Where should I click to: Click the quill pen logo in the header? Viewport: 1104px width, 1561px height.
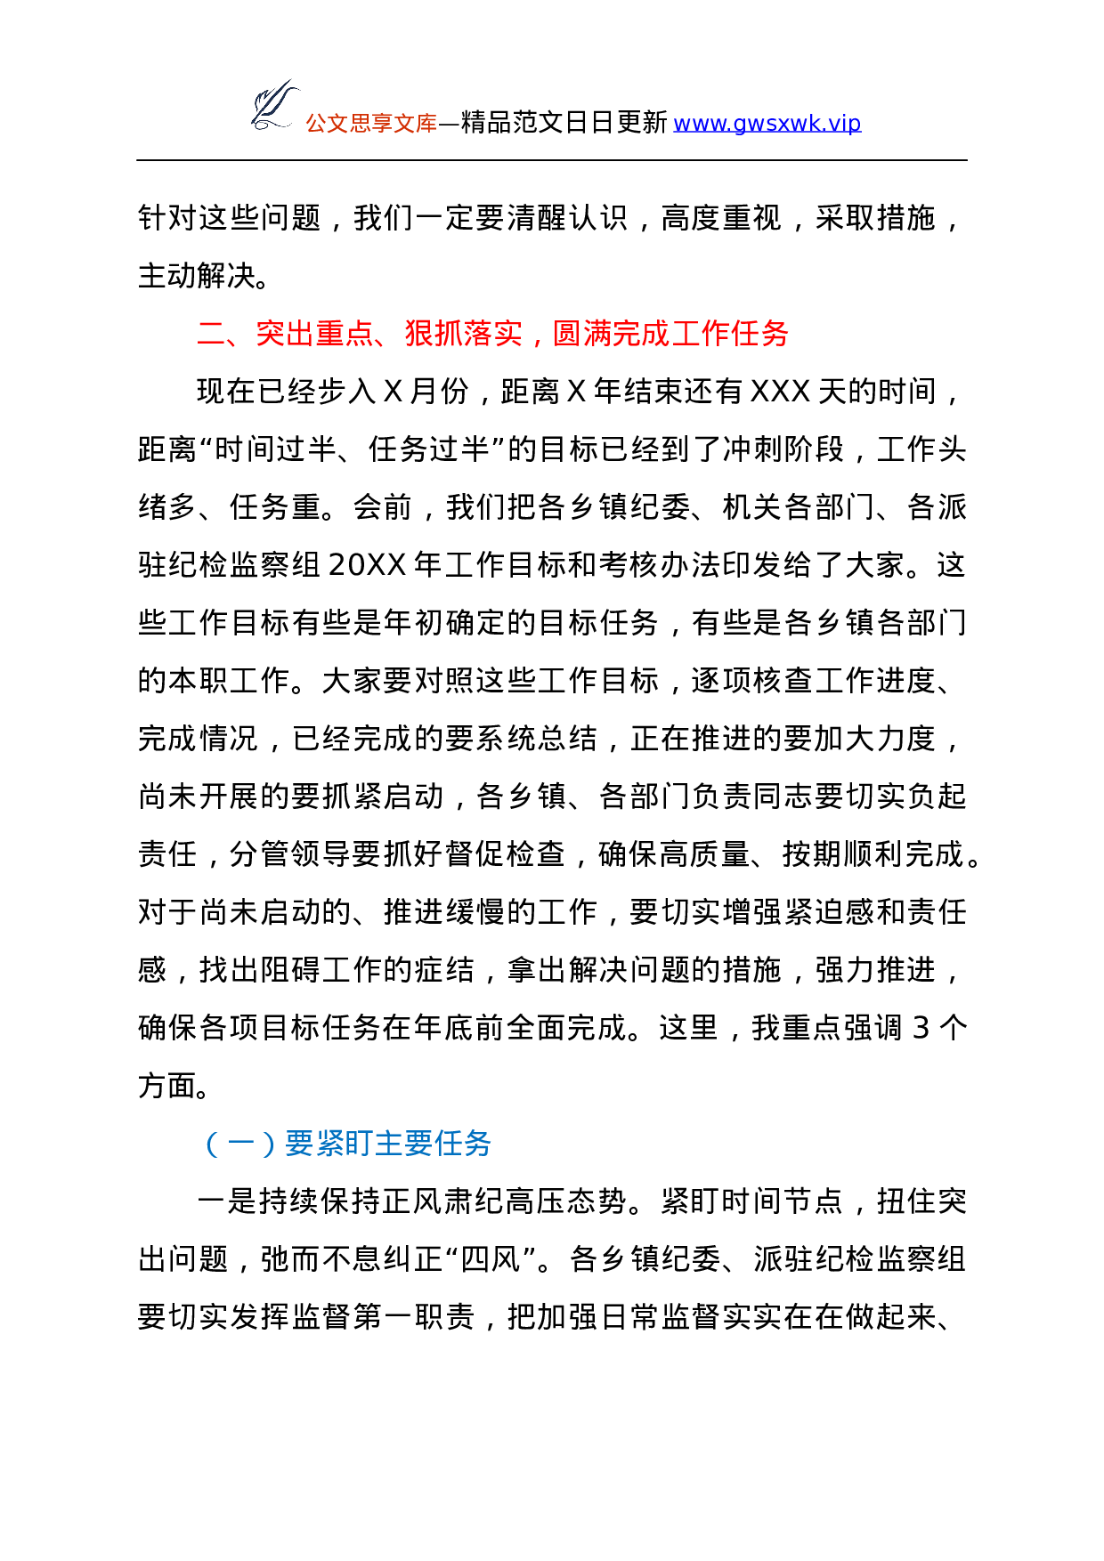tap(272, 104)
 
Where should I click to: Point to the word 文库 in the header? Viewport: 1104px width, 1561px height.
tap(415, 124)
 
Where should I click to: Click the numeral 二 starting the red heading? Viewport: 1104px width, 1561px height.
tap(211, 334)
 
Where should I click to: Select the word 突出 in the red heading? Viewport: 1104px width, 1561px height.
tap(285, 334)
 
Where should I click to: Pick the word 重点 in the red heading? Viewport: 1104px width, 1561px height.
tap(345, 334)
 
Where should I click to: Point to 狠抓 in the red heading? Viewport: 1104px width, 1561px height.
tap(434, 334)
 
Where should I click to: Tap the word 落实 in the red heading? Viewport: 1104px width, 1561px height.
tap(493, 334)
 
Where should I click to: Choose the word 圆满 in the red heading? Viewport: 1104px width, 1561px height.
tap(582, 334)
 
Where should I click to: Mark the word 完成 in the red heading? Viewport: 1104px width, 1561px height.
tap(641, 334)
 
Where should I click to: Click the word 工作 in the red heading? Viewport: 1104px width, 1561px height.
tap(701, 334)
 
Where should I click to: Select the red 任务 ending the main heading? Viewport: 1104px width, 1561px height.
tap(759, 334)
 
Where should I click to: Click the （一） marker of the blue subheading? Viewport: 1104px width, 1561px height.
tap(240, 1144)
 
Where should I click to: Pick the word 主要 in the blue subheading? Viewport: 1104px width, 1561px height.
tap(402, 1144)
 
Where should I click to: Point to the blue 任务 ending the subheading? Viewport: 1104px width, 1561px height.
tap(462, 1144)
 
